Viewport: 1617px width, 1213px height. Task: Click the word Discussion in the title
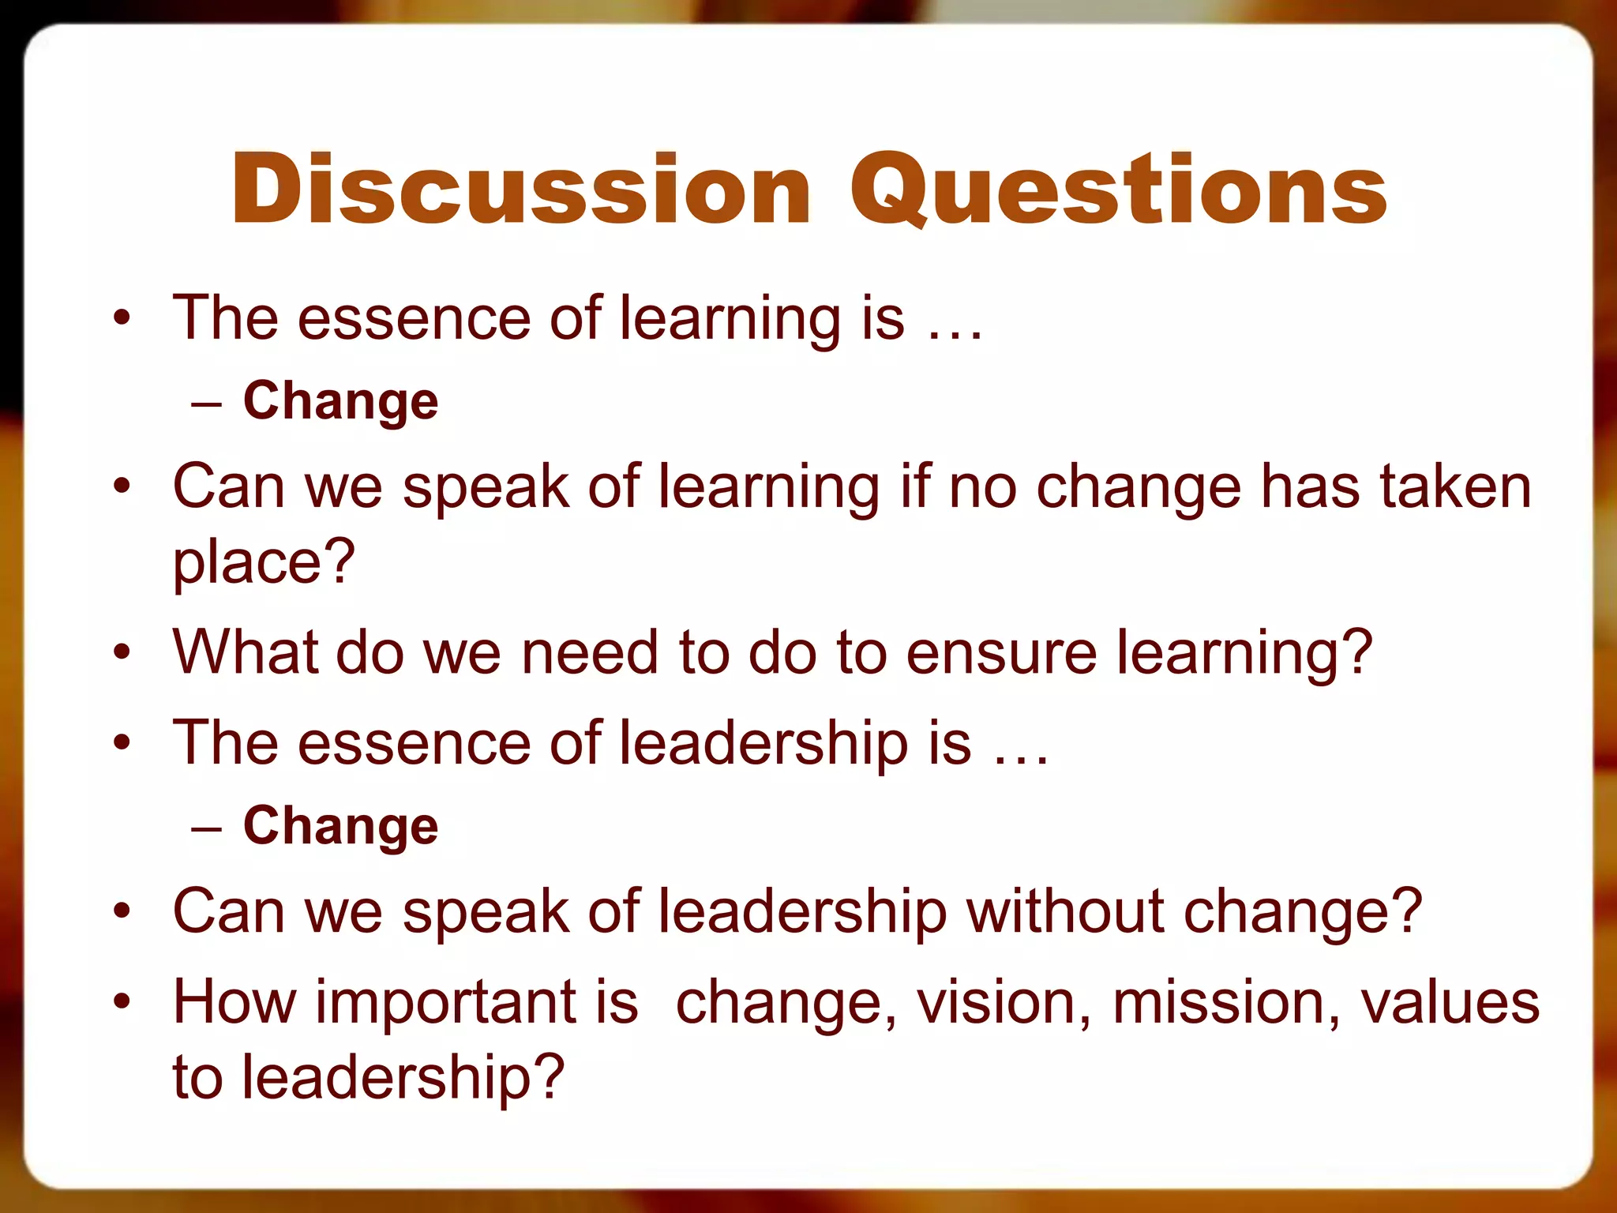click(x=521, y=190)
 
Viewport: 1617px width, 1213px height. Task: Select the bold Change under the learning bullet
click(x=340, y=401)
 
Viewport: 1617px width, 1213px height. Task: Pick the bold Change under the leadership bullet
click(x=340, y=826)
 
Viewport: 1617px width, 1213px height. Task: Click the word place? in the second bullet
click(x=264, y=562)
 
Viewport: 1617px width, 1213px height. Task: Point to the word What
click(x=246, y=652)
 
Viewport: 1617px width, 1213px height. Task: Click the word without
click(x=1065, y=911)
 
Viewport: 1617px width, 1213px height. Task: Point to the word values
click(x=1450, y=1003)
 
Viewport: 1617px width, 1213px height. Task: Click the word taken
click(x=1455, y=486)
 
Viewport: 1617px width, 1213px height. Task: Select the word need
click(x=589, y=652)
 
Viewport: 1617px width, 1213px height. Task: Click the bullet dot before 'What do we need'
click(x=121, y=653)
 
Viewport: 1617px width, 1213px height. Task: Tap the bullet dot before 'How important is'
click(x=121, y=1002)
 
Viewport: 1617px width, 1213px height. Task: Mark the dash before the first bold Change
click(x=207, y=404)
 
